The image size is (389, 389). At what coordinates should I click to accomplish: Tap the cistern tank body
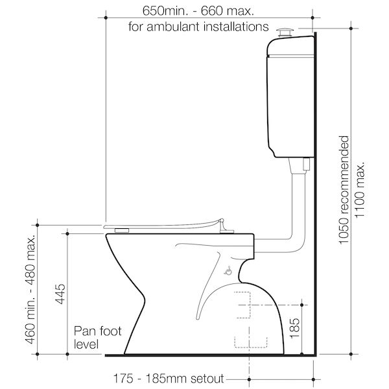(290, 97)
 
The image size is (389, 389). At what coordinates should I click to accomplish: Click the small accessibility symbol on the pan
(228, 272)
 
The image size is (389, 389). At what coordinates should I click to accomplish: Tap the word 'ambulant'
(189, 27)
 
